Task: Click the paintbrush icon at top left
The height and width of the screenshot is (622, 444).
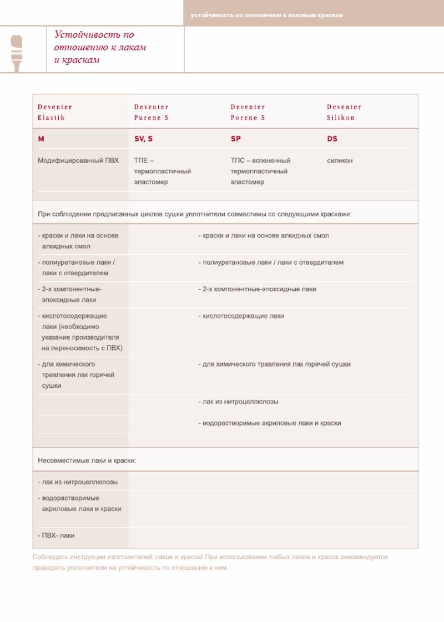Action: (17, 52)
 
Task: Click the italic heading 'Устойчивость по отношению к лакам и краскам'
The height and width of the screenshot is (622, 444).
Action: (100, 47)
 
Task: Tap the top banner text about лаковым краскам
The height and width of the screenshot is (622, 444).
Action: (266, 15)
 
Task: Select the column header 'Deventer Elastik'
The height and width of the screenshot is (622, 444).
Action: (55, 112)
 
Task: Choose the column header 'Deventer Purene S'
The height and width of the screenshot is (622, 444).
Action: (152, 112)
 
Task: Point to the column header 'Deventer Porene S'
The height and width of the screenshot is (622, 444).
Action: (248, 112)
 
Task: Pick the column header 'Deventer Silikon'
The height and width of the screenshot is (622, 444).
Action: (344, 112)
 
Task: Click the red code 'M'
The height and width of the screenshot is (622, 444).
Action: (41, 139)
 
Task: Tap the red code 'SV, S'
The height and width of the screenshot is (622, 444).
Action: (143, 139)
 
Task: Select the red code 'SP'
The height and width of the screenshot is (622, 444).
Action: (236, 139)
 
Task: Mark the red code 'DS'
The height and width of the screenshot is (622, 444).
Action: (332, 139)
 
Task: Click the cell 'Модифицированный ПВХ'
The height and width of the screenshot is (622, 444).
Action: (78, 161)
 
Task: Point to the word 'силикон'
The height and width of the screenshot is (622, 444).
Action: (340, 161)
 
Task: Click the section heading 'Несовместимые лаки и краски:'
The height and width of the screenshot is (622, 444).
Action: (87, 461)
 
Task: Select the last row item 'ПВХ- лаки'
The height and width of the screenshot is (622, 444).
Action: (56, 536)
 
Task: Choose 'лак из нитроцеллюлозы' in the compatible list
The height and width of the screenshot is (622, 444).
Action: (239, 402)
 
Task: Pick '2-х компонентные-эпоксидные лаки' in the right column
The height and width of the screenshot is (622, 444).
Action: (258, 290)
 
